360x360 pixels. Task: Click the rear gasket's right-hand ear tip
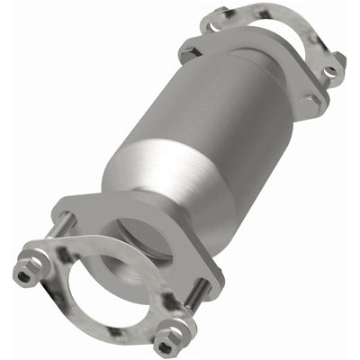click(340, 61)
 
